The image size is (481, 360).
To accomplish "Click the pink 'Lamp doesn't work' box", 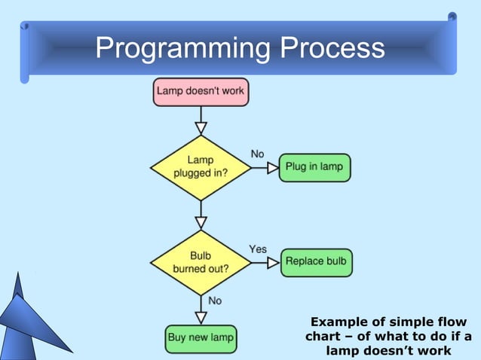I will (x=201, y=92).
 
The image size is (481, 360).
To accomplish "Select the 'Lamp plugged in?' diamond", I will (x=201, y=167).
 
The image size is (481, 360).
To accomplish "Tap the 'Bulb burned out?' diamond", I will (x=201, y=261).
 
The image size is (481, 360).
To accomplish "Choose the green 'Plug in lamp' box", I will (x=315, y=167).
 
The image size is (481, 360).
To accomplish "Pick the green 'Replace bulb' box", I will (x=316, y=262).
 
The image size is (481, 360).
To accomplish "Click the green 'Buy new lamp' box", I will (x=201, y=338).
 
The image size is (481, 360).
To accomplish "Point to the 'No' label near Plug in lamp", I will (x=257, y=154).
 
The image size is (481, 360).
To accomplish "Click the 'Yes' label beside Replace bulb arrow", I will (x=258, y=249).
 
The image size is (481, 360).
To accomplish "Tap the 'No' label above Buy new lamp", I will (x=215, y=301).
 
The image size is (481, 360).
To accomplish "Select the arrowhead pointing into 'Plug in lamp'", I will (x=273, y=168).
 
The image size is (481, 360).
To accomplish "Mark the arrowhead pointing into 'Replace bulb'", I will (x=273, y=263).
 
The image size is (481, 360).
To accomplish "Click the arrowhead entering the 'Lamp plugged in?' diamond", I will (x=201, y=128).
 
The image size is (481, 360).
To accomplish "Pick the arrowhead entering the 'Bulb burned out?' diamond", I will (x=201, y=222).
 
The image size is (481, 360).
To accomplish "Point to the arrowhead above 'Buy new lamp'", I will (x=201, y=318).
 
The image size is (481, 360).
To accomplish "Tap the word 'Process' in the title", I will (x=332, y=50).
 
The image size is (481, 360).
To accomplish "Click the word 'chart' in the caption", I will (x=326, y=336).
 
